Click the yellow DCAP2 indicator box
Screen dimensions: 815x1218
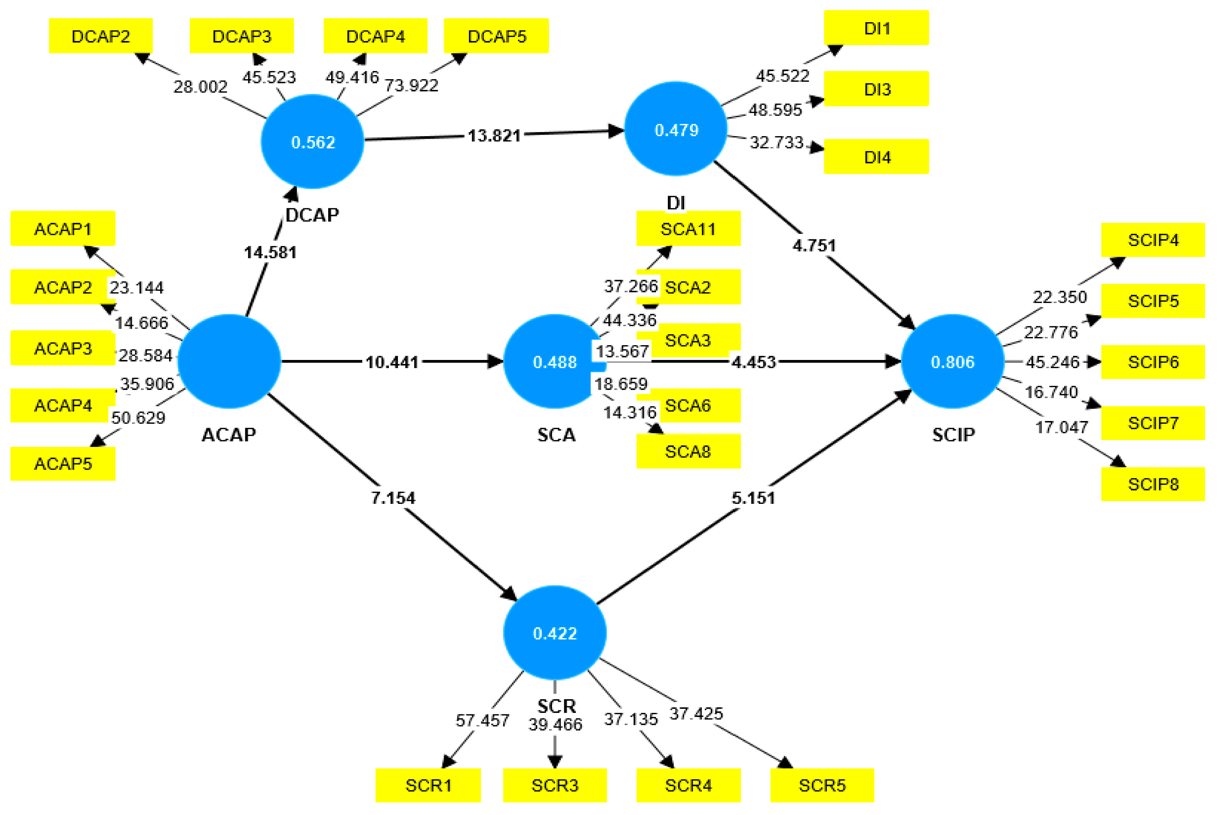pos(100,36)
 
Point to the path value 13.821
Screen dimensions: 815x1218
pos(494,136)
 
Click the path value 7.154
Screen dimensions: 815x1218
pos(393,498)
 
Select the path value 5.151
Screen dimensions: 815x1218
pos(753,498)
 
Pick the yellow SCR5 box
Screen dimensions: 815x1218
pos(822,785)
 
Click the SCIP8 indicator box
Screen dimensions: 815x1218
pos(1153,484)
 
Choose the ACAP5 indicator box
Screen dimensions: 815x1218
pos(63,463)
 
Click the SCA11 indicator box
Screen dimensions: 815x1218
pos(688,229)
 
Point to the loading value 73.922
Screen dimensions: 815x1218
pos(411,85)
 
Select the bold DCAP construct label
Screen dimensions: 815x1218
pos(312,215)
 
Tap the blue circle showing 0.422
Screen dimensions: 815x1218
pos(555,633)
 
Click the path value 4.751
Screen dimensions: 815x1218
pos(814,245)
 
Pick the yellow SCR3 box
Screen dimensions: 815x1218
pos(555,785)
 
